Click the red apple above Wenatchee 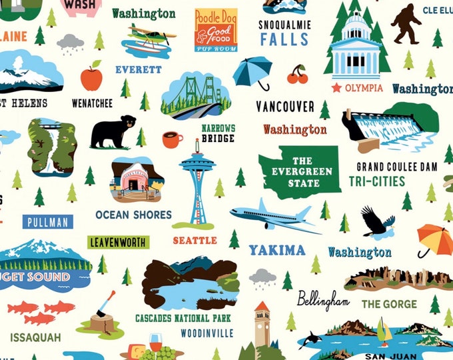(x=91, y=77)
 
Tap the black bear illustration (x=113, y=131)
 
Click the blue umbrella (x=254, y=71)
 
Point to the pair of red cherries (x=297, y=75)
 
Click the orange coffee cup (x=172, y=139)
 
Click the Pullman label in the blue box (x=47, y=222)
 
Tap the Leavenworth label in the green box (x=119, y=241)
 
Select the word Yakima (x=277, y=251)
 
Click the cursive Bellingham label (x=323, y=299)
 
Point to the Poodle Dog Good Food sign (x=216, y=29)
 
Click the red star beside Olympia (x=336, y=87)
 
